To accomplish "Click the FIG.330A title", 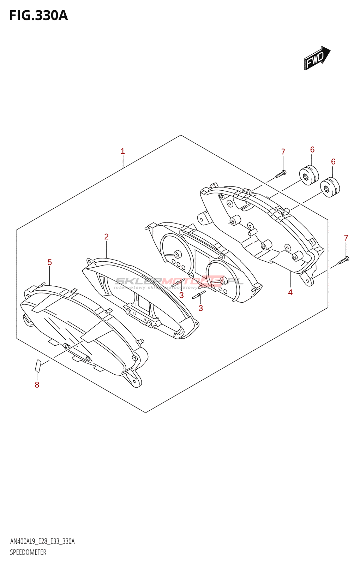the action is tap(38, 16).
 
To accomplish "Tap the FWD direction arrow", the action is tap(316, 58).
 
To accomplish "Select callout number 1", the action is tap(122, 151).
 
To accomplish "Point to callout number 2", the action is tap(106, 237).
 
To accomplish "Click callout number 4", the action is tap(290, 292).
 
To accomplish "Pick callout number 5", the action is tap(49, 262).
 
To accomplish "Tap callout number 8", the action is tap(37, 385).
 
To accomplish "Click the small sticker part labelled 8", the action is tap(38, 365).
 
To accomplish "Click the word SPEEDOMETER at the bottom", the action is tap(28, 552).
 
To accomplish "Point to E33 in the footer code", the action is tap(56, 541).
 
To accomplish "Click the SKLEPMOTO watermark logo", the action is tap(178, 281).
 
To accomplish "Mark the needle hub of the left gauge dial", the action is tap(176, 254).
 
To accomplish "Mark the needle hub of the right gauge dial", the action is tap(223, 281).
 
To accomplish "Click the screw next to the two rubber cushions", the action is tap(282, 173).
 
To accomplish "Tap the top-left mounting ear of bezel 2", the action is tap(91, 261).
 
